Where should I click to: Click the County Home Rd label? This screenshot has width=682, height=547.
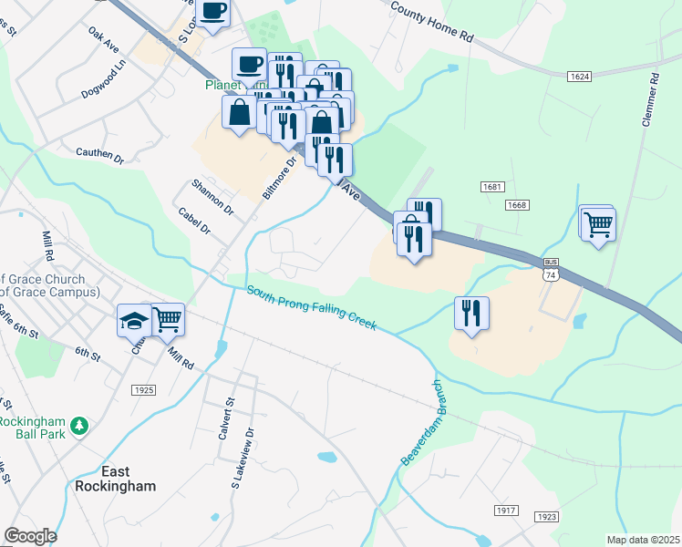click(x=432, y=23)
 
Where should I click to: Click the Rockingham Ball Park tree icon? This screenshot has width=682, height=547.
click(x=80, y=425)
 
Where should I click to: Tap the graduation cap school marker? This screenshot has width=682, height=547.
click(x=133, y=320)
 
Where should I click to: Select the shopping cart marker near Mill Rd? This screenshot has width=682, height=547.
click(x=168, y=319)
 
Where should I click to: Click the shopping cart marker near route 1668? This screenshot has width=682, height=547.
click(x=598, y=223)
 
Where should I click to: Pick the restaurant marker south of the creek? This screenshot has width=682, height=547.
click(x=471, y=313)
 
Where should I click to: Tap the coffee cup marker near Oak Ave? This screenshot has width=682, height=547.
click(x=213, y=12)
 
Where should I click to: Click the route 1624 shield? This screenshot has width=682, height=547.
click(x=579, y=76)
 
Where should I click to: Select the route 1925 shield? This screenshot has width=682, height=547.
click(x=143, y=389)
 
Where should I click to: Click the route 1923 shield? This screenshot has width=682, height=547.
click(x=546, y=517)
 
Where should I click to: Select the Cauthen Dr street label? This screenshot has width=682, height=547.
click(x=99, y=158)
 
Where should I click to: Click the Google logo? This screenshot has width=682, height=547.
click(x=30, y=536)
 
